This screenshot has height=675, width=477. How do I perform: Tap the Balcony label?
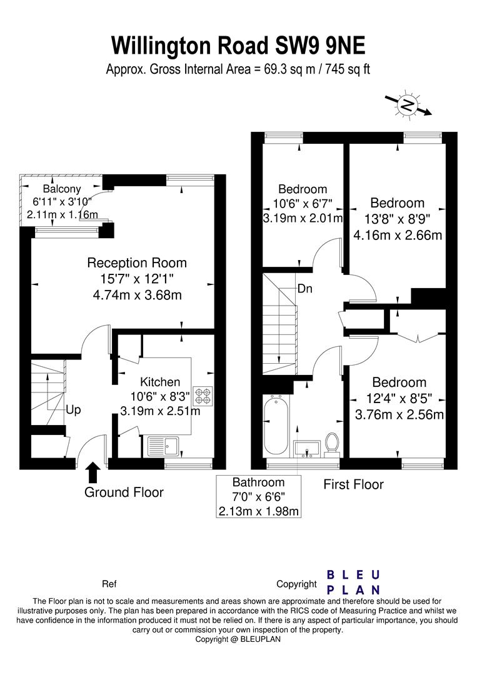pos(62,189)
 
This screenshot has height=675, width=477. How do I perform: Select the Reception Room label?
pos(137,262)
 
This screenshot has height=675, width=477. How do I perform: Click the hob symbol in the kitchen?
pos(203,396)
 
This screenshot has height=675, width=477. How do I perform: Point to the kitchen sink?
pos(163,446)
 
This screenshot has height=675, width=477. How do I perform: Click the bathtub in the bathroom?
pos(275,426)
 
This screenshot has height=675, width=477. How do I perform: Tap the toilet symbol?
pos(331,444)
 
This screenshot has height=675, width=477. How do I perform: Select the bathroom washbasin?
pos(306,449)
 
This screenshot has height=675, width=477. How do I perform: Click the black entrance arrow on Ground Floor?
pos(93,472)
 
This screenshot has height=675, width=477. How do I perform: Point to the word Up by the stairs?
pos(73,410)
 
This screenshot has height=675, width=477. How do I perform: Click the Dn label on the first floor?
pos(305,288)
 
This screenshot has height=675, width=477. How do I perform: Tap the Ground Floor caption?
pos(124,492)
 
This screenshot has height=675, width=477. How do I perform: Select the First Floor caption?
pos(353,484)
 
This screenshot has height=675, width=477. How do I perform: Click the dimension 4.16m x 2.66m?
pos(398,235)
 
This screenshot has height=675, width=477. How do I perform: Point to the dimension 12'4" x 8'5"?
pos(398,399)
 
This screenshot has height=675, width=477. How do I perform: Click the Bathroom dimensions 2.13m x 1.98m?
pos(259,511)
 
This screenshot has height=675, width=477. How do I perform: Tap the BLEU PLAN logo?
pos(353,582)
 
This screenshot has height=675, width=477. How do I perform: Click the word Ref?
pos(109,584)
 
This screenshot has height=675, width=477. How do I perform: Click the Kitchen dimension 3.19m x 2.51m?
pos(160,411)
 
